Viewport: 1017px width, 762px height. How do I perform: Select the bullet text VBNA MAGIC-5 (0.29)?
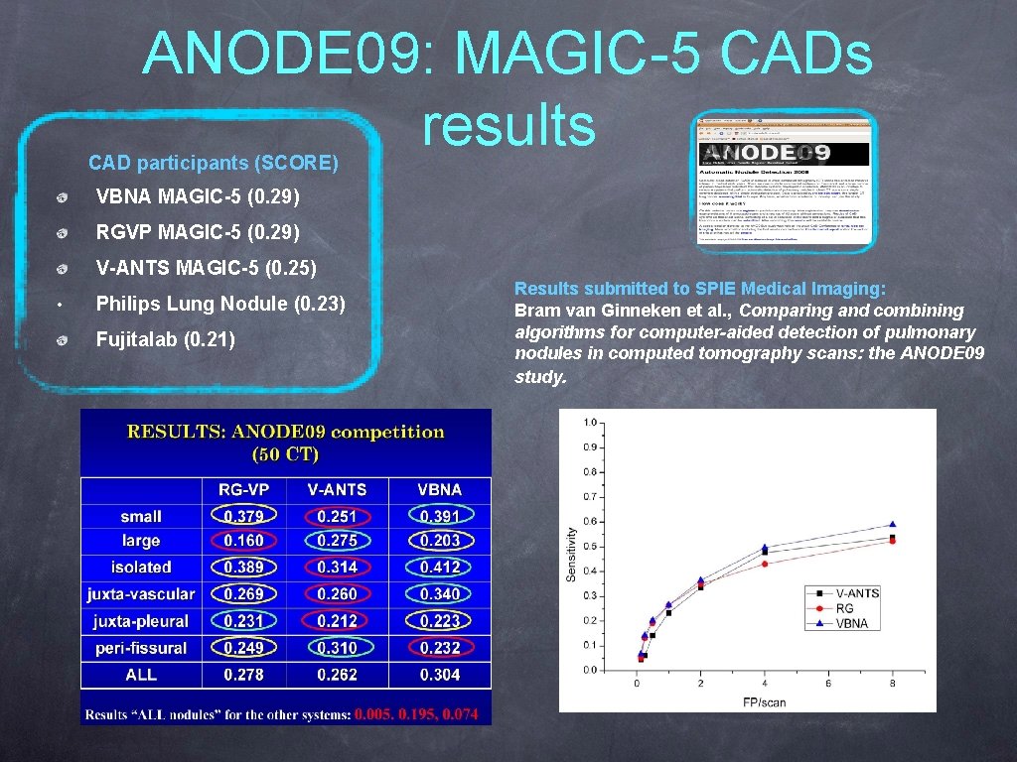197,197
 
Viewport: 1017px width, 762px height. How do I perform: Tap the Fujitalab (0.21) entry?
165,340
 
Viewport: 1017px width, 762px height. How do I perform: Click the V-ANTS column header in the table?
337,490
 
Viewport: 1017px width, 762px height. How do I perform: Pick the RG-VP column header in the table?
243,490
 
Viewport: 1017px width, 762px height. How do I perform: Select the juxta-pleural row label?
140,621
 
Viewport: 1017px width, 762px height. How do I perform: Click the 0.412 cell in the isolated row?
440,568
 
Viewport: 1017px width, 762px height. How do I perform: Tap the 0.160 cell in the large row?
243,541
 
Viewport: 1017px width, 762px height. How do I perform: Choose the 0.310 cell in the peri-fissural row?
337,648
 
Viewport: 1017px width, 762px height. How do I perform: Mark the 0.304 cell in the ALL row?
440,675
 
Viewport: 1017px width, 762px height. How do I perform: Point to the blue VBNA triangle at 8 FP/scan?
892,524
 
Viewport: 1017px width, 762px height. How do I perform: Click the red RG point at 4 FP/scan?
765,564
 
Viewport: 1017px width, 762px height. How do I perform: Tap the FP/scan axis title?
764,702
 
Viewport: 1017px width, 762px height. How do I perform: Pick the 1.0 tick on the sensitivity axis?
590,423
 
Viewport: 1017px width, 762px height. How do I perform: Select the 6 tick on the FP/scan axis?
828,683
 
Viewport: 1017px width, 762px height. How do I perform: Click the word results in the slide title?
508,126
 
